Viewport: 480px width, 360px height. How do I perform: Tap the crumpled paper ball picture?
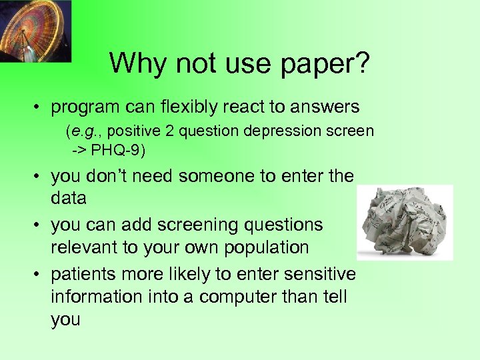coord(404,223)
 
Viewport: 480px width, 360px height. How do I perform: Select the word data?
coord(68,199)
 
